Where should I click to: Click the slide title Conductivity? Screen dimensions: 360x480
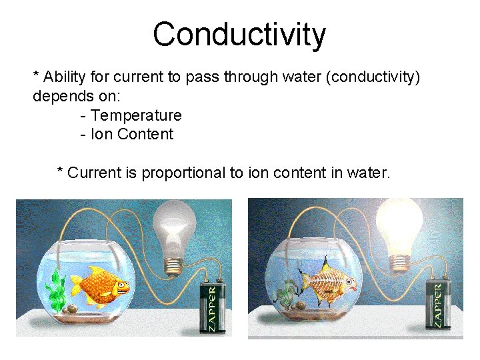[239, 35]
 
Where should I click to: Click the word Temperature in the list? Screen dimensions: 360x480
[136, 115]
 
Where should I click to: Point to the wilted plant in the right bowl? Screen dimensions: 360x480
[287, 292]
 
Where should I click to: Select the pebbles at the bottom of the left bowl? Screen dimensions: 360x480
[70, 308]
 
